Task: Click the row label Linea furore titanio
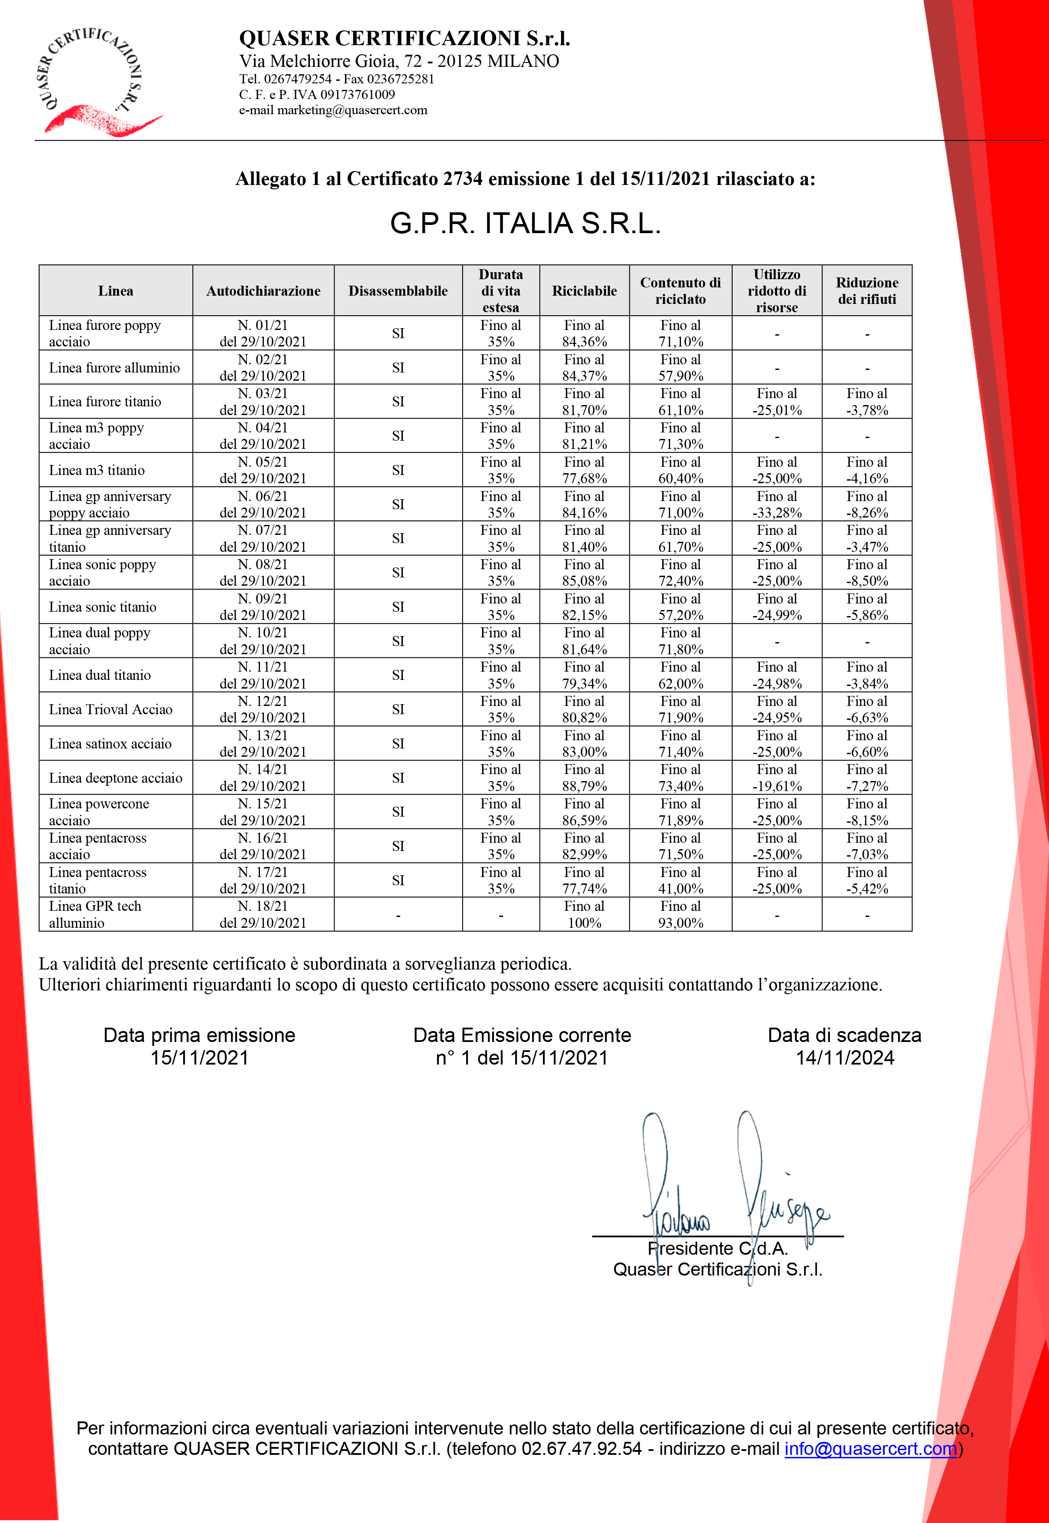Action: point(105,402)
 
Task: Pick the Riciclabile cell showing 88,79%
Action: point(584,778)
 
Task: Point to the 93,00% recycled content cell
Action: point(680,914)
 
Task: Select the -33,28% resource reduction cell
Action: point(776,504)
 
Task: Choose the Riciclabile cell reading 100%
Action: point(584,914)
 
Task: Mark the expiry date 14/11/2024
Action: point(845,1058)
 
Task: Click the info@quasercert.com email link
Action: point(870,1449)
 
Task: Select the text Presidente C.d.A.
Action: point(718,1248)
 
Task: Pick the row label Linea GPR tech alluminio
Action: point(95,914)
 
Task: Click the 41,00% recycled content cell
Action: point(680,880)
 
